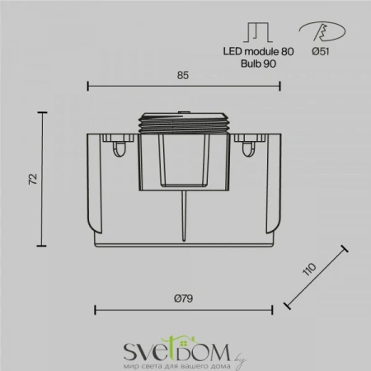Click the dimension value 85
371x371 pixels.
183,75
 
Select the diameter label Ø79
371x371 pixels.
184,298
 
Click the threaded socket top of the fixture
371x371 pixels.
183,121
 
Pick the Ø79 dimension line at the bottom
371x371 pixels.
184,310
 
